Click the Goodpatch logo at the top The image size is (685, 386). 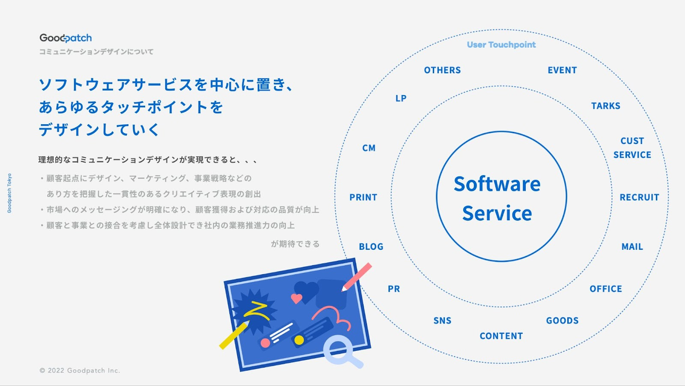point(66,38)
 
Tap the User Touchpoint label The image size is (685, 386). point(501,45)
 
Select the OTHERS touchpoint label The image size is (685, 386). point(442,70)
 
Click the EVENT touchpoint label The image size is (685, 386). point(562,70)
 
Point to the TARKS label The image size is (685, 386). point(606,106)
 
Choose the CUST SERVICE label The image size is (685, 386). point(632,148)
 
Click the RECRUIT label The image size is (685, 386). point(639,197)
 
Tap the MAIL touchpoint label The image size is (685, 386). point(632,247)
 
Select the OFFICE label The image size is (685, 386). point(606,289)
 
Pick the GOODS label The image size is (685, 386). point(562,320)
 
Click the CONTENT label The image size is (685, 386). point(501,336)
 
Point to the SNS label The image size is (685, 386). point(442,320)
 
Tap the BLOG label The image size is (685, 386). point(371,247)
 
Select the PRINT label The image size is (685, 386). point(363,197)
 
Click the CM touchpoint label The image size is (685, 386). point(369,148)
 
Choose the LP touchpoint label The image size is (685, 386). point(401,98)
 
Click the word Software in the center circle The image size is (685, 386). point(497,184)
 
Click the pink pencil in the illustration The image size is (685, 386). point(357,277)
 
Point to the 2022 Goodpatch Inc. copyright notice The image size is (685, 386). point(79,370)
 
